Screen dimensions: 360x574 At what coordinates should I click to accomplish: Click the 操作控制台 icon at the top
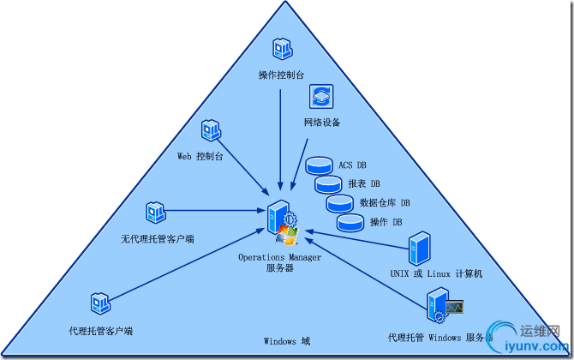click(x=283, y=49)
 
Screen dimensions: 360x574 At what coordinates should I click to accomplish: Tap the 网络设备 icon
click(x=321, y=95)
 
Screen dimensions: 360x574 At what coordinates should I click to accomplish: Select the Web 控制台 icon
click(x=212, y=131)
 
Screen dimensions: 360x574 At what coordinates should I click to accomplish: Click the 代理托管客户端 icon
click(x=100, y=303)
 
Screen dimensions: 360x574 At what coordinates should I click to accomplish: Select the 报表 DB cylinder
click(x=328, y=183)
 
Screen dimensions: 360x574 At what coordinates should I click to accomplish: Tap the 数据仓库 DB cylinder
click(x=339, y=203)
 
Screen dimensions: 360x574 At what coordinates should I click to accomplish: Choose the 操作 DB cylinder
click(x=350, y=222)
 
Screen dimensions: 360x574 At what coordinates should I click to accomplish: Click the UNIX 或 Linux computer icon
click(x=419, y=248)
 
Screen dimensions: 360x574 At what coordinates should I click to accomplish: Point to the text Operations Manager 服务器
click(x=280, y=262)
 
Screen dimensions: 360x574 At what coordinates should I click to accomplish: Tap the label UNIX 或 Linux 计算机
click(x=437, y=273)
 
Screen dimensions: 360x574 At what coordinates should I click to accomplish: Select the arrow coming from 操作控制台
click(x=282, y=137)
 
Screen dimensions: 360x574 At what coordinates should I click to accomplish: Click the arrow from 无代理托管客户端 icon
click(x=214, y=211)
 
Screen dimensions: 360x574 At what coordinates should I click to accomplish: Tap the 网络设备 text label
click(x=322, y=123)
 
